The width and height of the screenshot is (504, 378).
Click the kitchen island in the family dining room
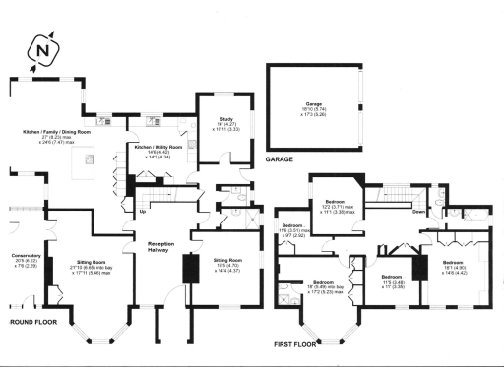pos(88,158)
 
